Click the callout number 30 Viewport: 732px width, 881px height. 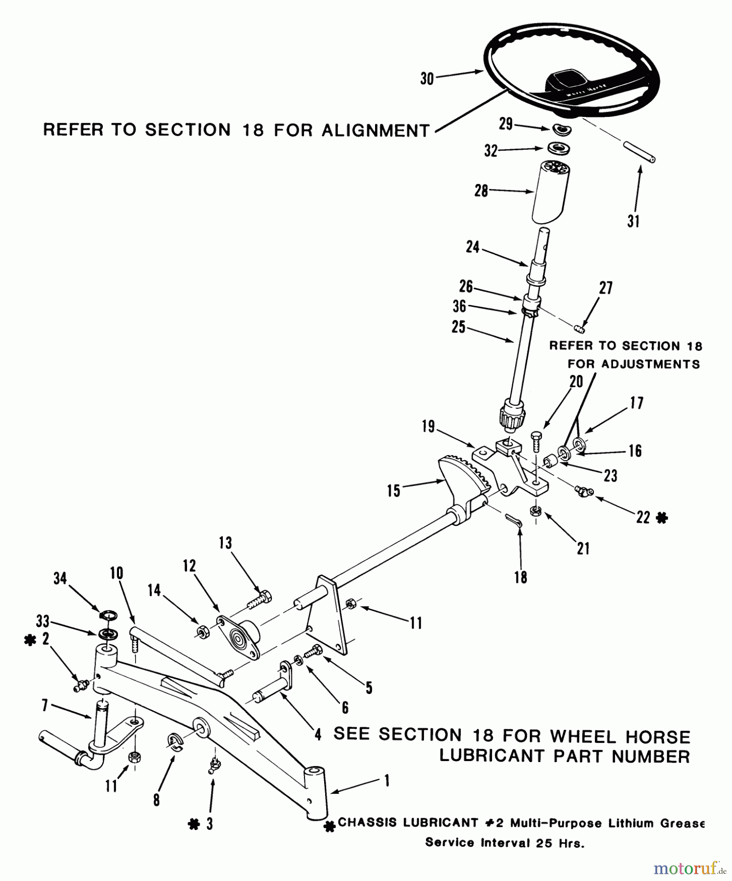coord(427,78)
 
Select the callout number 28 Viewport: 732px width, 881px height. coord(481,190)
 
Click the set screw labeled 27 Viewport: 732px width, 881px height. coord(579,327)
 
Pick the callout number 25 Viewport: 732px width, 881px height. coord(458,327)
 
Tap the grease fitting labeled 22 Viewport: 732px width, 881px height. coord(584,490)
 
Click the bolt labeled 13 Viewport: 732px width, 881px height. coord(257,599)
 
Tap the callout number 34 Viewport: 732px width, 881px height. coord(60,579)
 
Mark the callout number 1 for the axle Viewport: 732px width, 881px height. coord(386,781)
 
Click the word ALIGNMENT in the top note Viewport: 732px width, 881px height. coord(376,131)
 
